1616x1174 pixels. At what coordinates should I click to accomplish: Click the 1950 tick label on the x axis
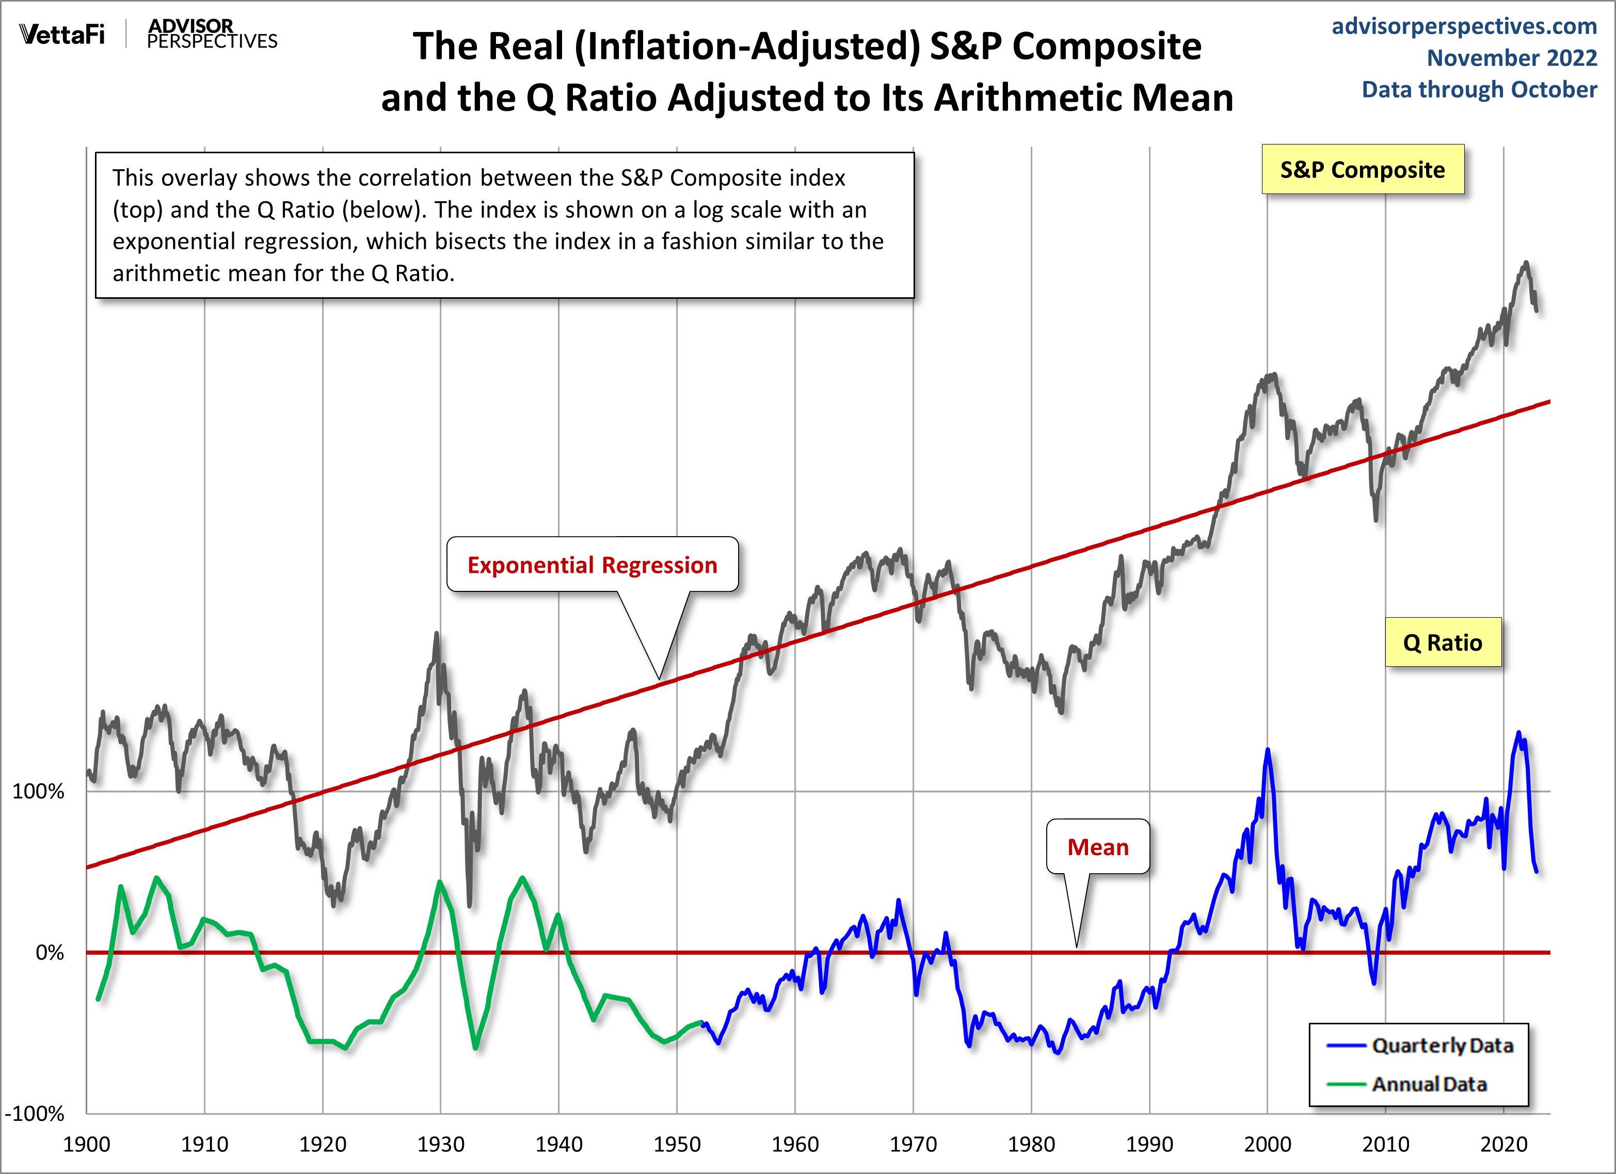[x=676, y=1144]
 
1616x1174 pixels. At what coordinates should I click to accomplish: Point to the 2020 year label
[x=1503, y=1144]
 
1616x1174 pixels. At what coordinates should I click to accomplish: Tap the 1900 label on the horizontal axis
[x=86, y=1144]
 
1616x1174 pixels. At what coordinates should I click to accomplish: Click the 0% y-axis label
[x=50, y=953]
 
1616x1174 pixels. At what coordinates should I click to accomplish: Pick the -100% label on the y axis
[x=34, y=1114]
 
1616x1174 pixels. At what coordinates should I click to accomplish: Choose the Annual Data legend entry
[x=1429, y=1084]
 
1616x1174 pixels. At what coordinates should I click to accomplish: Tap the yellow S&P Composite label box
[x=1363, y=170]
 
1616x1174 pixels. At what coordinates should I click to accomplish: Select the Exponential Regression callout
[x=592, y=565]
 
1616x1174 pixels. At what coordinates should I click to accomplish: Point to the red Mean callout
[x=1097, y=847]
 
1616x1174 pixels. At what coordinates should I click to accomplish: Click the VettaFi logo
[x=62, y=34]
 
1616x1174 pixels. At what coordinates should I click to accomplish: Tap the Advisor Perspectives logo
[x=212, y=34]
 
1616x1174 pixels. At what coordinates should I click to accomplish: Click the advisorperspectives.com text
[x=1464, y=26]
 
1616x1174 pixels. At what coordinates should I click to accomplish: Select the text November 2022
[x=1511, y=58]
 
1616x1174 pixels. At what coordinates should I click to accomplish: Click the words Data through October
[x=1479, y=90]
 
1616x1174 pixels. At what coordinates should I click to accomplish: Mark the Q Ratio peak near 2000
[x=1267, y=750]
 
